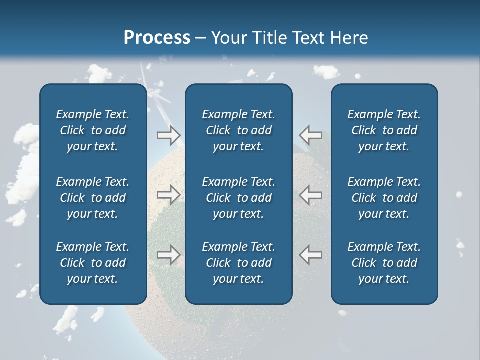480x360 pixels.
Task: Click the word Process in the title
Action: tap(157, 38)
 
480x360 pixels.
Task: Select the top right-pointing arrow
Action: tap(168, 135)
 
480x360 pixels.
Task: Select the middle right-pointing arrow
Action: tap(168, 195)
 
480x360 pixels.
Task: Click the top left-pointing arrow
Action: tap(310, 135)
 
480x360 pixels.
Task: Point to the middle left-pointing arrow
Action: tap(310, 195)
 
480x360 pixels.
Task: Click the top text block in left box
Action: tap(93, 130)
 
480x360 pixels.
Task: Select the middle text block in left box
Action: tap(93, 198)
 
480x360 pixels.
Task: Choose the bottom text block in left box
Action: tap(93, 263)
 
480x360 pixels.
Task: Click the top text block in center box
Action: tap(238, 130)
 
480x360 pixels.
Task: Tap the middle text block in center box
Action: tap(238, 198)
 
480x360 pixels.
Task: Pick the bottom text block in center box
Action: tap(238, 263)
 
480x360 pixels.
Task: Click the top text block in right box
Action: tap(384, 130)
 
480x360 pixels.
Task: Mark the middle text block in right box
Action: tap(384, 198)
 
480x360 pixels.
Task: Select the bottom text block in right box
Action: tap(384, 263)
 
